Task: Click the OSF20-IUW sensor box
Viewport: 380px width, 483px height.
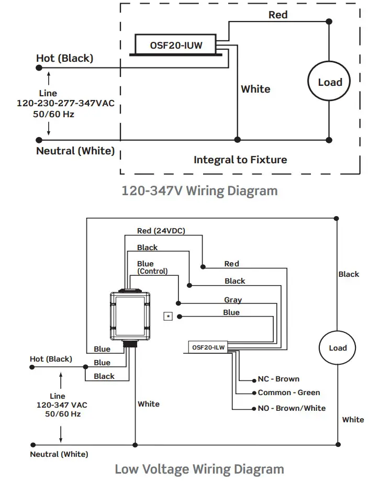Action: pos(176,44)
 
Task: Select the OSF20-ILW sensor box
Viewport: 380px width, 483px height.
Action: pos(208,347)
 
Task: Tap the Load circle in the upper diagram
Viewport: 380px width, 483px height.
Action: pos(329,81)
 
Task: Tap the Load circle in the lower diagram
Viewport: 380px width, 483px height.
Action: pos(337,348)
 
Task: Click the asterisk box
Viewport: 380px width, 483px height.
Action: pos(168,317)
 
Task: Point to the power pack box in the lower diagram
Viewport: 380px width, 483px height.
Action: pos(130,316)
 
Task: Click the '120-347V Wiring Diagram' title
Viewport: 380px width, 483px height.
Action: pos(200,190)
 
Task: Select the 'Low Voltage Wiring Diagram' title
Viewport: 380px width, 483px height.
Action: pos(199,469)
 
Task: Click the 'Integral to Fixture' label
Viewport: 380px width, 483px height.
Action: pos(240,160)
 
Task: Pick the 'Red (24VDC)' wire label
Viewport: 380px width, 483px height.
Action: pos(161,231)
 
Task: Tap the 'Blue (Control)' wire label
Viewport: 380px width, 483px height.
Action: pos(152,267)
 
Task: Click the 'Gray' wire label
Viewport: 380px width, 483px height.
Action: pos(233,300)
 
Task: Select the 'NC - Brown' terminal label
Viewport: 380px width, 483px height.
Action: pos(278,379)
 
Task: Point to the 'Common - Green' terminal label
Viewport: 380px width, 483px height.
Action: pos(289,392)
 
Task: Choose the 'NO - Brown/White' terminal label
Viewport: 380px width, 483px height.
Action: pos(292,408)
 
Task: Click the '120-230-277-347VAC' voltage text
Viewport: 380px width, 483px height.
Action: pos(65,103)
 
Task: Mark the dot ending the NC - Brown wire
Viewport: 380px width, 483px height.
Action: pos(254,381)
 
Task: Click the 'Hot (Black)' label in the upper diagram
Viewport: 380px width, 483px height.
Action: pos(65,58)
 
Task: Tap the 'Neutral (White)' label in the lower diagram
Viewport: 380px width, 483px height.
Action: pos(59,454)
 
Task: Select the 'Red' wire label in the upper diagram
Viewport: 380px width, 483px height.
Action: pos(278,15)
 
